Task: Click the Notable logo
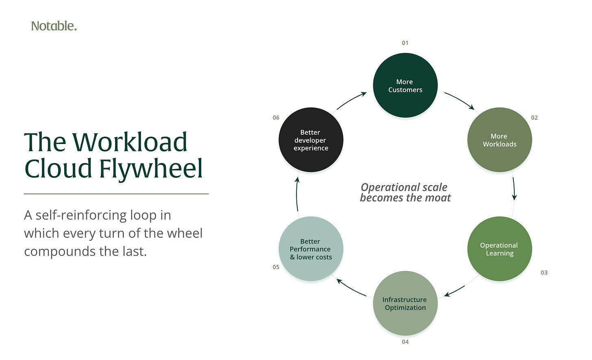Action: (x=54, y=26)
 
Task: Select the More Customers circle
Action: (x=405, y=85)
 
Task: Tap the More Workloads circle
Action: (x=499, y=140)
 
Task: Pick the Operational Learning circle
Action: (x=499, y=249)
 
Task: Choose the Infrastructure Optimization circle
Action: (x=405, y=303)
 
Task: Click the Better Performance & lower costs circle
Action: (x=311, y=249)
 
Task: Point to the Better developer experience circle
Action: (x=311, y=140)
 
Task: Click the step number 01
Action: (x=405, y=43)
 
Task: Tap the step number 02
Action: (x=534, y=118)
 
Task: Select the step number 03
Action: (x=544, y=273)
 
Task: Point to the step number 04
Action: (x=405, y=342)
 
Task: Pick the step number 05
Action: (x=276, y=267)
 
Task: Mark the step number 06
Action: (x=276, y=118)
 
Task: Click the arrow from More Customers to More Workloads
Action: (x=460, y=99)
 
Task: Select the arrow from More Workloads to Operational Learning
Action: (x=514, y=188)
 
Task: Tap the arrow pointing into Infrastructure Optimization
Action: (x=455, y=291)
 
